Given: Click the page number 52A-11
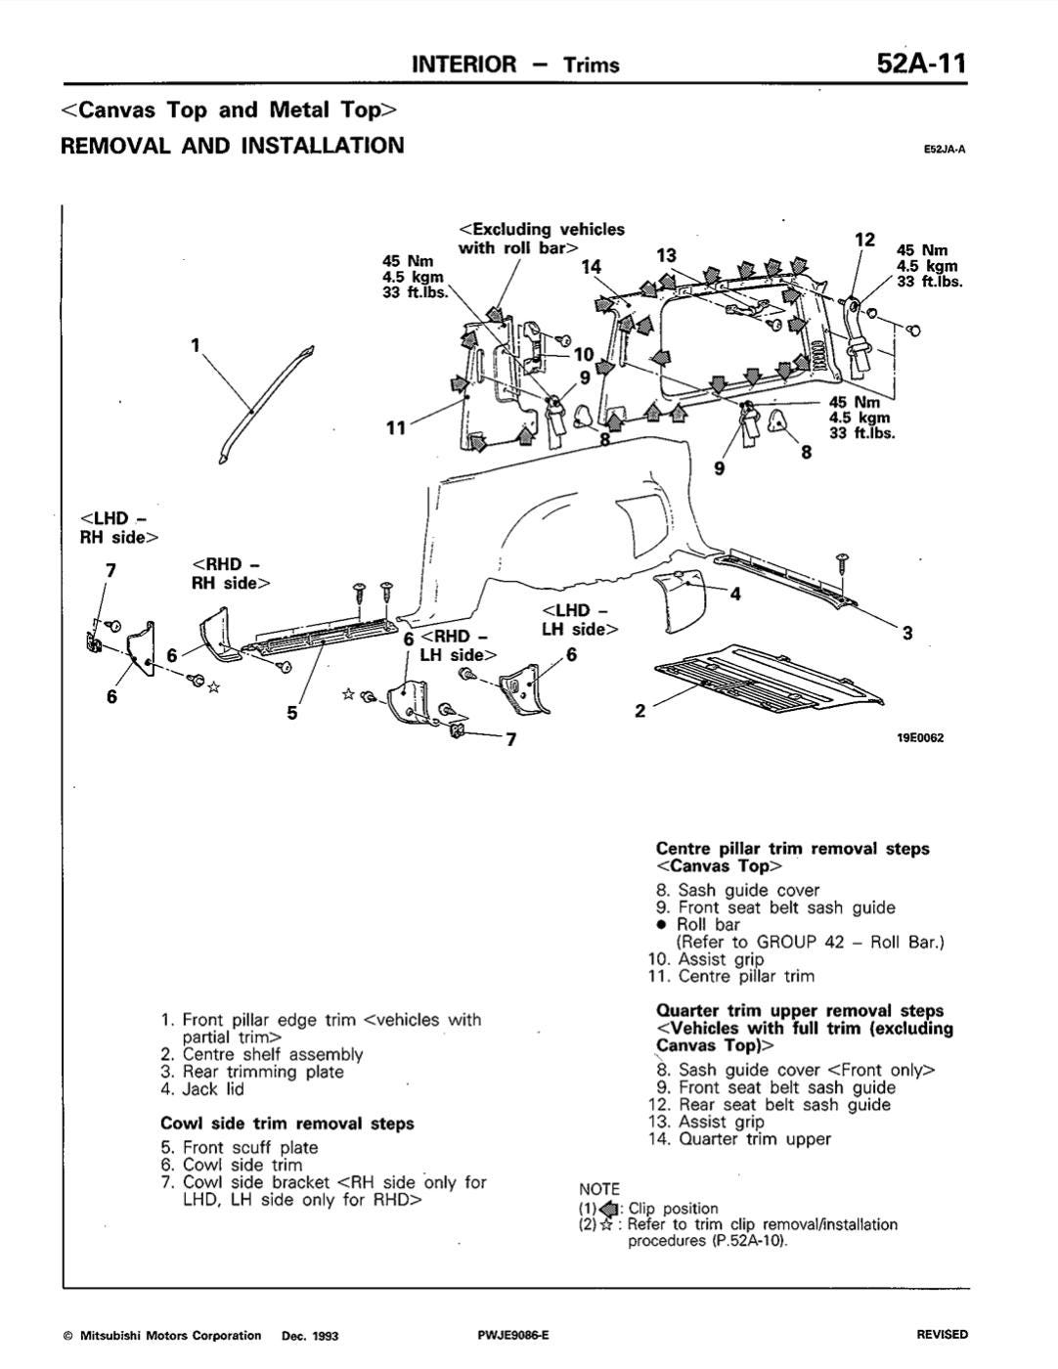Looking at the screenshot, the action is coord(921,64).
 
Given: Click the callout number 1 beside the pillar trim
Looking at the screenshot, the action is coord(196,345).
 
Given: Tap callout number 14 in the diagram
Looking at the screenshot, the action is coord(591,267).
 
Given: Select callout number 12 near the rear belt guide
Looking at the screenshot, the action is coord(864,240).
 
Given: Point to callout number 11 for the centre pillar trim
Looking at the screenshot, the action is coord(395,428).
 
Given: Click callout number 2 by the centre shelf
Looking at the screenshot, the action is coord(639,711).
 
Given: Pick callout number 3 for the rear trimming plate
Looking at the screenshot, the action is coord(907,633).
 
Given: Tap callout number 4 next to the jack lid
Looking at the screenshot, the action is coord(735,594).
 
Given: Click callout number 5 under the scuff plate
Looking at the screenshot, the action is coord(292,713).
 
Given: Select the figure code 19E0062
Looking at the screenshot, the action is coord(920,738).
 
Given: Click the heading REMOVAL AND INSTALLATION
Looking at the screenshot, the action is coord(233,146).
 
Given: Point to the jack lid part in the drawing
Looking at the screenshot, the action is coord(681,598).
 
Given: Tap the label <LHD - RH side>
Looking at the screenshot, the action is coord(119,528).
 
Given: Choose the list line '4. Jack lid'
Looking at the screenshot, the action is coord(202,1088).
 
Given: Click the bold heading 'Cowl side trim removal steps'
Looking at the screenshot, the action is coord(287,1124).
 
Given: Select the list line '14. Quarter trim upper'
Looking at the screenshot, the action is coord(740,1138).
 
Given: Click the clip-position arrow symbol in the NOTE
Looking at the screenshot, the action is coord(608,1209).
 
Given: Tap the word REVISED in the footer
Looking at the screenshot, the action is coord(942,1335).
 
